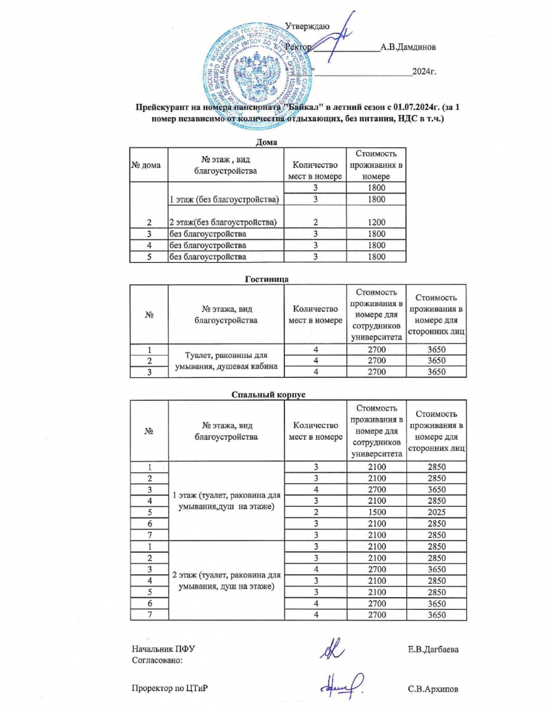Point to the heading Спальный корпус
269,395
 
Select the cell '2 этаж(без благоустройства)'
223,222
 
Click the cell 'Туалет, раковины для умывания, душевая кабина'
227,361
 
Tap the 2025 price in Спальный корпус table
437,513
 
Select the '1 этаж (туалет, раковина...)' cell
227,501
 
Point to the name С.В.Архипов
433,689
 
